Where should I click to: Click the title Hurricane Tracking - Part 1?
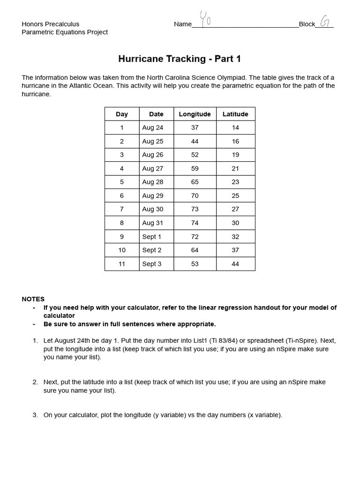coord(180,59)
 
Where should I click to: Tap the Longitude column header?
coord(195,114)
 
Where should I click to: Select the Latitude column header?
coord(235,114)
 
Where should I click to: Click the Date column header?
coord(156,114)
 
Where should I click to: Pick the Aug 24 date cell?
coord(152,127)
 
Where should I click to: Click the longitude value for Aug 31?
coord(195,223)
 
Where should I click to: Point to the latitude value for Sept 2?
coord(235,250)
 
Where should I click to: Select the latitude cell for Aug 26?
coord(235,155)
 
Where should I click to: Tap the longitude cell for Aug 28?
coord(195,182)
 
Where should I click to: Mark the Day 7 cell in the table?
coord(122,209)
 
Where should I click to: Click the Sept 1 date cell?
coord(151,237)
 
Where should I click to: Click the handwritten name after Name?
coord(205,20)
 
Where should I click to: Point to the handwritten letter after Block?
coord(324,21)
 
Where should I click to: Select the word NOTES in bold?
coord(33,299)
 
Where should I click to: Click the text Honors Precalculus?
coord(51,24)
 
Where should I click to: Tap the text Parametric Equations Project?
coord(65,32)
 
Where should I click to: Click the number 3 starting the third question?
coord(35,415)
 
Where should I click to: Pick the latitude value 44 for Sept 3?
coord(235,264)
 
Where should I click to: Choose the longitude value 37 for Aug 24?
coord(195,127)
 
